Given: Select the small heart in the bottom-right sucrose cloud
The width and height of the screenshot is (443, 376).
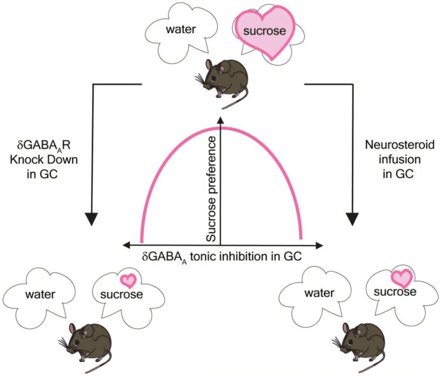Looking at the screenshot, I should point(401,277).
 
